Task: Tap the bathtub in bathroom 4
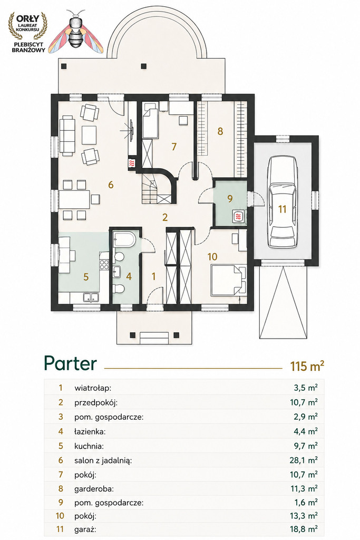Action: [x=124, y=239]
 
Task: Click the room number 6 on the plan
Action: [x=111, y=185]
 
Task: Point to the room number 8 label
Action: [x=220, y=131]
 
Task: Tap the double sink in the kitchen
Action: [x=91, y=297]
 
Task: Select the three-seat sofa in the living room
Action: [x=67, y=136]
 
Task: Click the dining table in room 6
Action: [x=74, y=199]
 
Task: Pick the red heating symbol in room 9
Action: [x=239, y=217]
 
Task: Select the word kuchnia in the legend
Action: [x=89, y=446]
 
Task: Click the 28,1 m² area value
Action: [x=303, y=460]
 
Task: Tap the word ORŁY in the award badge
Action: [x=28, y=18]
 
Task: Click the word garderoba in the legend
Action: [x=94, y=488]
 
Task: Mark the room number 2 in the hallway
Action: [x=165, y=217]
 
